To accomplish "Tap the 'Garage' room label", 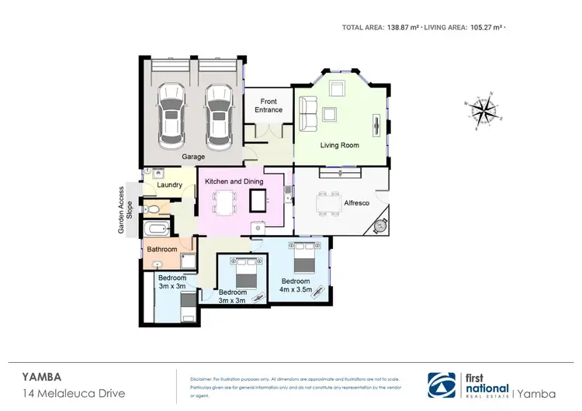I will pyautogui.click(x=193, y=157).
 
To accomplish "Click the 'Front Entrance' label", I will pyautogui.click(x=268, y=105).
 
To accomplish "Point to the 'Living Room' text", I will pyautogui.click(x=340, y=145).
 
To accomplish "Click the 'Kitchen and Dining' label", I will pyautogui.click(x=234, y=181).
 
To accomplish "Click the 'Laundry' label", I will pyautogui.click(x=169, y=185).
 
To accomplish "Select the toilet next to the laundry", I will pyautogui.click(x=154, y=210).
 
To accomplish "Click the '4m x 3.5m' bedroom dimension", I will pyautogui.click(x=296, y=290).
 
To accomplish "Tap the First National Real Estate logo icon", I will pyautogui.click(x=445, y=382).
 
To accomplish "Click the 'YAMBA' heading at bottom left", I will pyautogui.click(x=39, y=376).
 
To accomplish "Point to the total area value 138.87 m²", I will pyautogui.click(x=403, y=27).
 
